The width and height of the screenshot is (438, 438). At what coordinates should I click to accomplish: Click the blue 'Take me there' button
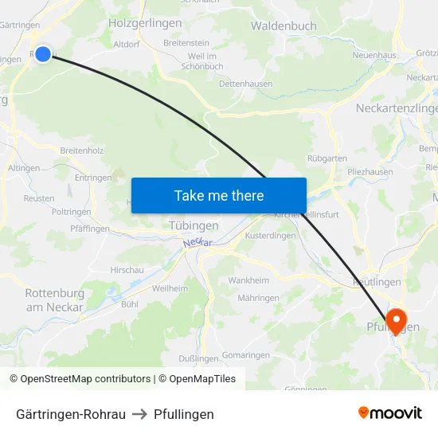219,195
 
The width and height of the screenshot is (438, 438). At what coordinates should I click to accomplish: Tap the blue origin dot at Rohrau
43,53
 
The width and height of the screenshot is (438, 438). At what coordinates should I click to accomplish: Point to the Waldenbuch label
284,25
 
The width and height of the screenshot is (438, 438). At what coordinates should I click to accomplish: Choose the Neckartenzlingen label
397,108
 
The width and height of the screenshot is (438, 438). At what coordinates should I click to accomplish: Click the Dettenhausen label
245,83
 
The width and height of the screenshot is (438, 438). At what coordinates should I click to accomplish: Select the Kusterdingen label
270,236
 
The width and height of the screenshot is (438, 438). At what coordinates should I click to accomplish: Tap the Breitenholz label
82,150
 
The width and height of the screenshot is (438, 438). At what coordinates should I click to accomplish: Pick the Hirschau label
127,270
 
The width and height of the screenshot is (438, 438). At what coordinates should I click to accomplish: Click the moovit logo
390,413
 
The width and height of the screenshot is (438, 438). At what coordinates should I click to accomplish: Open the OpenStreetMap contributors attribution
80,379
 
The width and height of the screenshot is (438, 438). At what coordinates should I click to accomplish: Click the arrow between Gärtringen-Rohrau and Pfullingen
140,414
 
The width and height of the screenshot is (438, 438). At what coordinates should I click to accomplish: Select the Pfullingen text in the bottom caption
184,414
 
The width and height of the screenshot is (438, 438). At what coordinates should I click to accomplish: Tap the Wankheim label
248,280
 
